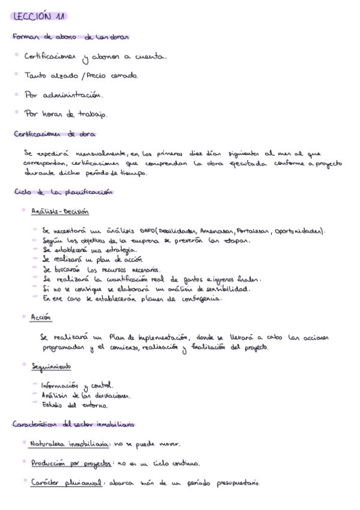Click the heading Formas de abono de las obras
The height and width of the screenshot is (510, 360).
pos(71,37)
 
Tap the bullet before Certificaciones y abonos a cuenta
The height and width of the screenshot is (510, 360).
pos(17,55)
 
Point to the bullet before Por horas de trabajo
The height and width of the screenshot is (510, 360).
pos(17,112)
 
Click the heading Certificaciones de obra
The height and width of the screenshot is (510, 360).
pos(55,134)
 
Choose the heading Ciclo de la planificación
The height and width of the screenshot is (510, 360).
pos(63,192)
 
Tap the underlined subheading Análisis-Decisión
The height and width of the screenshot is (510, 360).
pos(59,212)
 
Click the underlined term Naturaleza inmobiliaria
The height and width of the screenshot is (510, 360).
pos(69,444)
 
